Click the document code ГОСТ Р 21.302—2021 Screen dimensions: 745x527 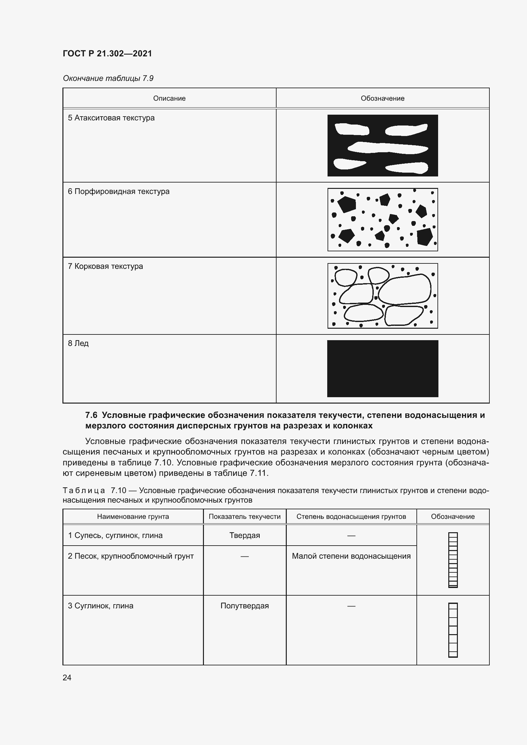point(107,54)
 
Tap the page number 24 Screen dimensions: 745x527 point(67,677)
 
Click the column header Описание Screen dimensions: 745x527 point(169,98)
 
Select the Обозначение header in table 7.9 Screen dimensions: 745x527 point(382,98)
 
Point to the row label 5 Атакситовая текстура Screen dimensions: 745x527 point(111,118)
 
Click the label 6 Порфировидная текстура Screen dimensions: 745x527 point(119,191)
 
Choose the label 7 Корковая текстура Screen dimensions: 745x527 point(105,266)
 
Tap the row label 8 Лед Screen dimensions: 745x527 point(78,343)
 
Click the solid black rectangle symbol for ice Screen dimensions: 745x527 point(382,369)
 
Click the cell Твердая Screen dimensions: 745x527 point(244,535)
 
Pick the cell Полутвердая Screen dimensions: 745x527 point(244,606)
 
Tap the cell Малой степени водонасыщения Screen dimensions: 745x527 point(351,556)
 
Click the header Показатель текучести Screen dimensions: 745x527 point(244,517)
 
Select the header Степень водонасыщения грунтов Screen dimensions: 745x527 point(351,517)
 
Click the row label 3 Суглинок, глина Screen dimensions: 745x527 point(101,606)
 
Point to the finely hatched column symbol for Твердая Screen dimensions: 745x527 point(453,560)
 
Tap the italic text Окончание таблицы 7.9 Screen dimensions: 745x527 point(108,78)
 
